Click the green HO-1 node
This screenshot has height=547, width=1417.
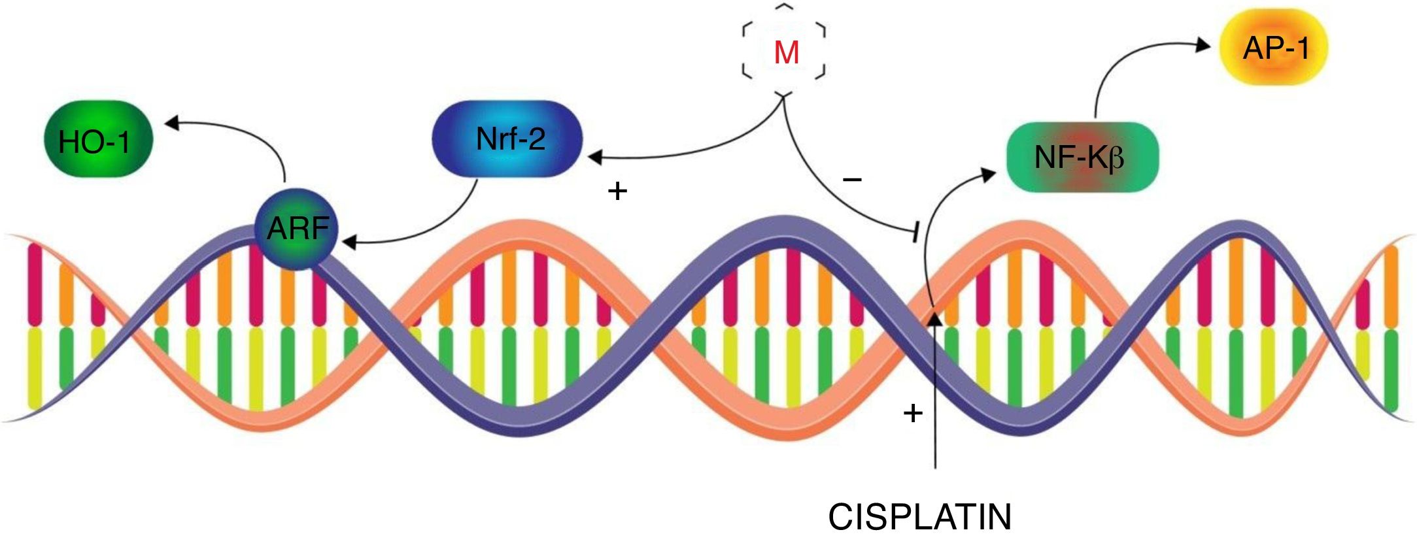[97, 139]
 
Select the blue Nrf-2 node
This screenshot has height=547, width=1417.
[507, 139]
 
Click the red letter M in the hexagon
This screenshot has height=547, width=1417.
[785, 53]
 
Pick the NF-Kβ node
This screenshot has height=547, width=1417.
[1082, 157]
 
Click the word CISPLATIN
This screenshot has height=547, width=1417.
[919, 517]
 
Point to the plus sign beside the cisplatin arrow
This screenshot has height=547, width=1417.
[912, 413]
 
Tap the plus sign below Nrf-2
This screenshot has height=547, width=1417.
[617, 191]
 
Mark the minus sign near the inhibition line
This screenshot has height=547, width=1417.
[852, 178]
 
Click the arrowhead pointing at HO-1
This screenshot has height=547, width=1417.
[171, 123]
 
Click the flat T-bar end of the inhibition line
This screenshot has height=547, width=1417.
[916, 233]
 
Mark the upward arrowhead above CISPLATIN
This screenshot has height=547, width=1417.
[935, 318]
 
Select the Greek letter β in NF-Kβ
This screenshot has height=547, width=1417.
[1117, 158]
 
